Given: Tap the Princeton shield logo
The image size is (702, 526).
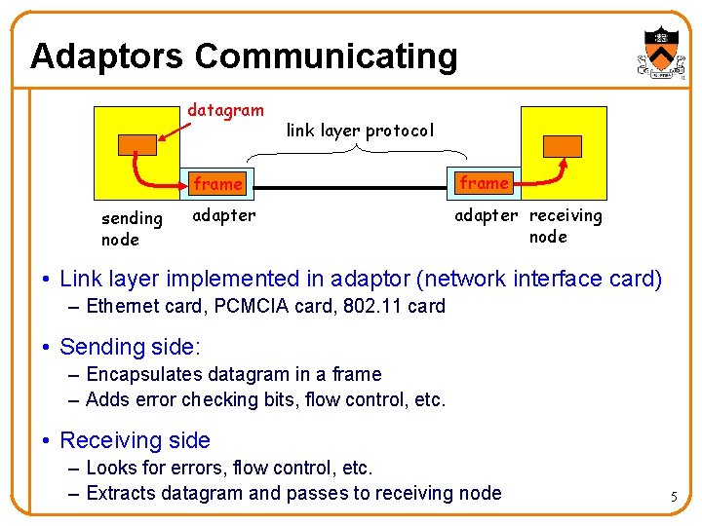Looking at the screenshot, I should click(x=662, y=49).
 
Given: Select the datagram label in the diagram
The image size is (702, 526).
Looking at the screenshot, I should click(x=225, y=110).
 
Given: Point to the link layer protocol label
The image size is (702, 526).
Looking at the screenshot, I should click(x=360, y=130).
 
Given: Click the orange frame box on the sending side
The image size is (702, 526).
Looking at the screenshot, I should click(x=217, y=183).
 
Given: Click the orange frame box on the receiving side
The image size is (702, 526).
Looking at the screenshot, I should click(x=485, y=182).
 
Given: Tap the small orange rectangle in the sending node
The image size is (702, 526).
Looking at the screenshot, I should click(x=136, y=144).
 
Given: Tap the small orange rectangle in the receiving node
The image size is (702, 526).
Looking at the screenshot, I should click(x=563, y=146).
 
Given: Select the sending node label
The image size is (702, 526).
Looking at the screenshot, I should click(x=132, y=229).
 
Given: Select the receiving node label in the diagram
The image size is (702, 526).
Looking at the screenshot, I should click(x=565, y=226).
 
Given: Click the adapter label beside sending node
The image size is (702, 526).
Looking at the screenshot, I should click(x=224, y=215).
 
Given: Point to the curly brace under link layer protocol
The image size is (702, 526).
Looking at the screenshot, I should click(x=359, y=152).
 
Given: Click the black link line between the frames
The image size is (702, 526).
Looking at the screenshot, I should click(x=352, y=184).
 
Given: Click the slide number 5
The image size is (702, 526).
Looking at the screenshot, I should click(x=673, y=498).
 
